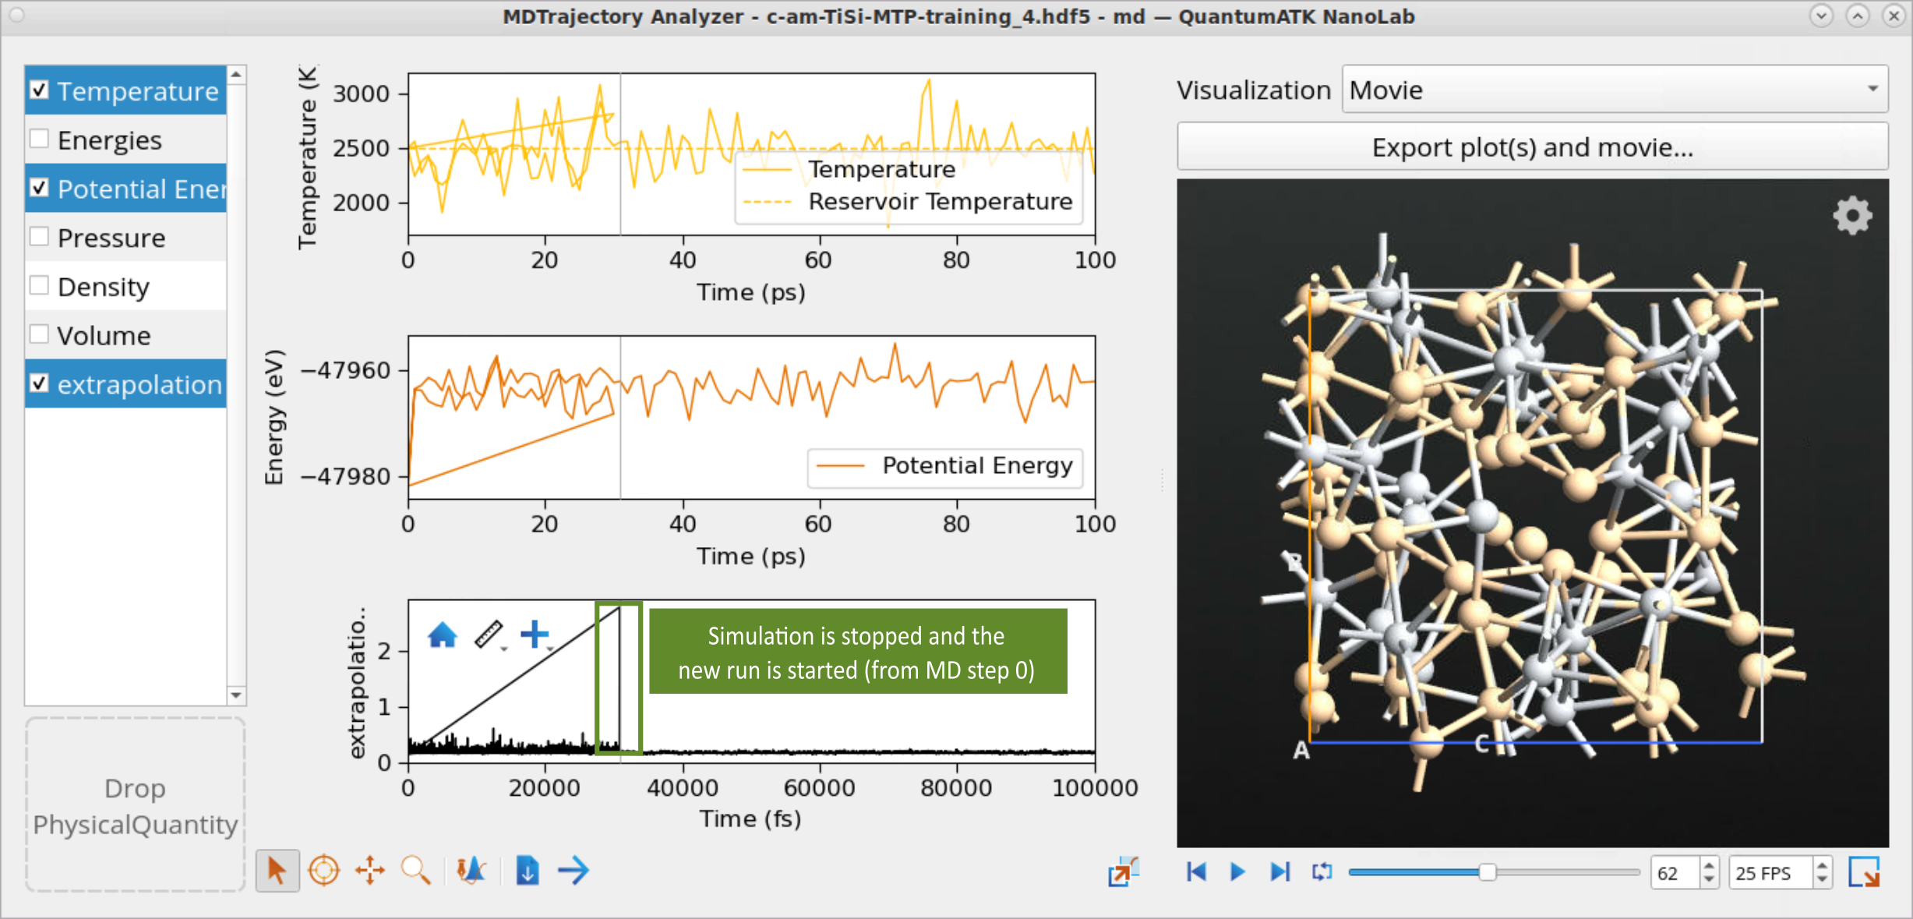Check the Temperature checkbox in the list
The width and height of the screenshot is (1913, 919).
click(39, 90)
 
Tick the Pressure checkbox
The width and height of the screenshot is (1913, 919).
click(39, 237)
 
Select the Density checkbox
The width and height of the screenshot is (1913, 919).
click(39, 286)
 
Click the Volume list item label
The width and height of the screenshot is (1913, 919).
click(104, 336)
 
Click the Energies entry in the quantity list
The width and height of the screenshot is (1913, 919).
click(110, 140)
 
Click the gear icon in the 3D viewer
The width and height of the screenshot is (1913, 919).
click(1852, 215)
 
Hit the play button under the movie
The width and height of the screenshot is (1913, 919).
click(1237, 871)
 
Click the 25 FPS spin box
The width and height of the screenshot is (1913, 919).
click(1779, 873)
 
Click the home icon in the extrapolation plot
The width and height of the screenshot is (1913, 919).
click(443, 634)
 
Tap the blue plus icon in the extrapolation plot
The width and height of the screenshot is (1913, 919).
click(535, 634)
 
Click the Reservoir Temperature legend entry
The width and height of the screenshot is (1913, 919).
click(908, 202)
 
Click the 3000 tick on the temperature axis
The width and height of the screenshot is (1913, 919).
click(361, 94)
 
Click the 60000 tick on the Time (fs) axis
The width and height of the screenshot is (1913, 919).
click(820, 788)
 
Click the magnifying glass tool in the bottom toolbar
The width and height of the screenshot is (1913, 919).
click(415, 871)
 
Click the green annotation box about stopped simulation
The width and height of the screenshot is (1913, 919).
click(858, 652)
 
